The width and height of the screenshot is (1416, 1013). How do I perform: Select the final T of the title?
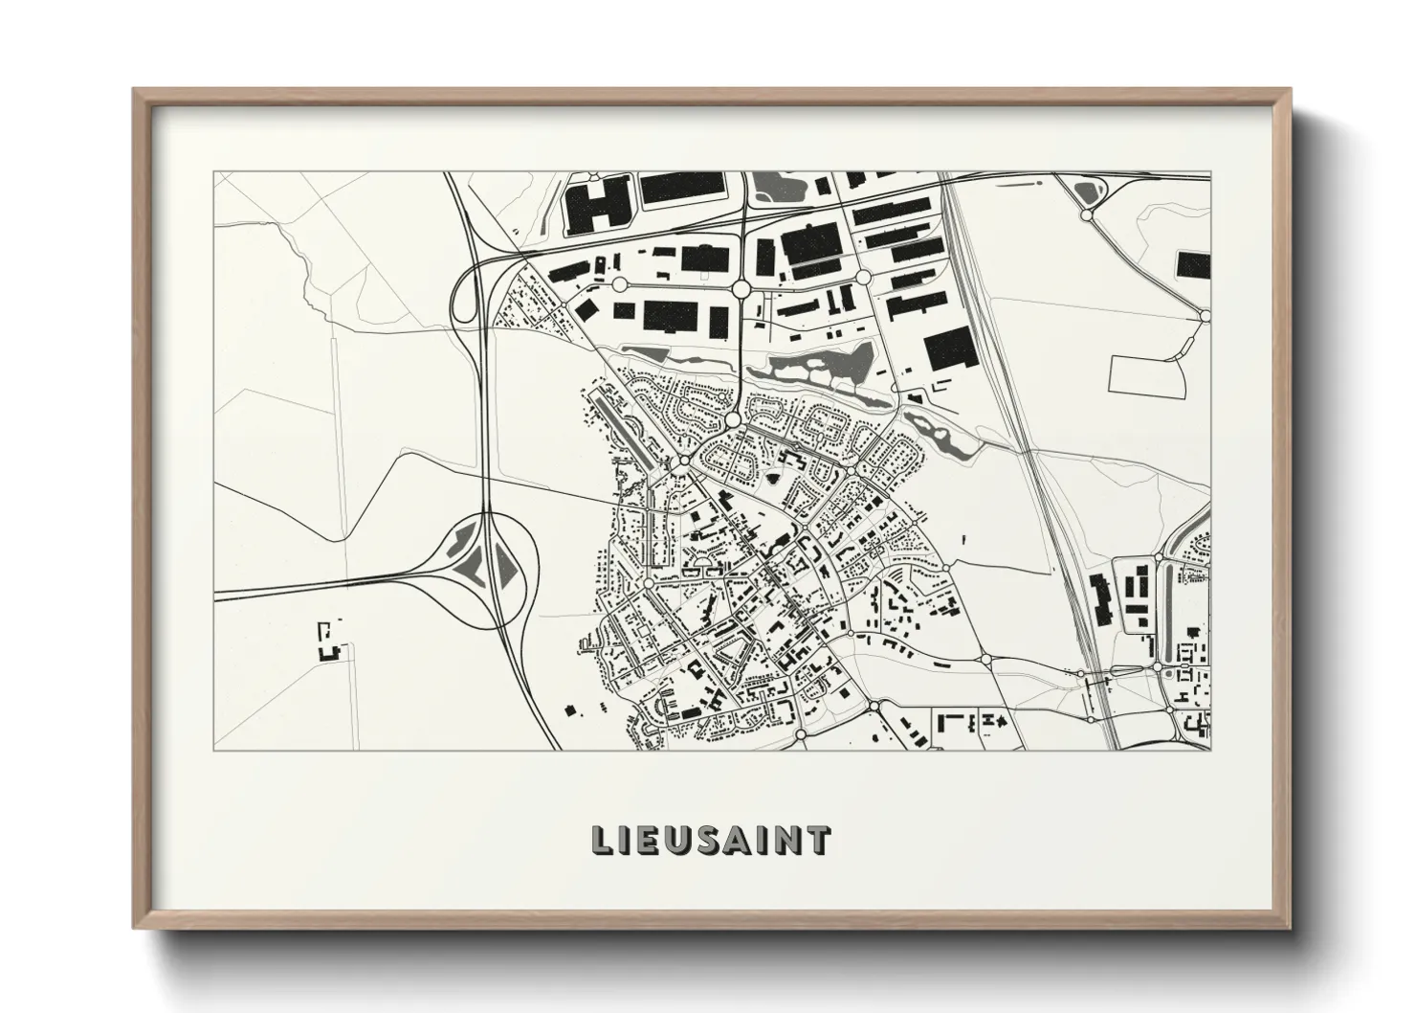click(x=818, y=840)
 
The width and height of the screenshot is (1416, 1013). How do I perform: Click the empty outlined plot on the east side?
click(x=1148, y=373)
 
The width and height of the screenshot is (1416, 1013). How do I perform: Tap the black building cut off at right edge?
click(x=1195, y=264)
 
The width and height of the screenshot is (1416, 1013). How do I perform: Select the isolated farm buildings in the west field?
click(x=330, y=642)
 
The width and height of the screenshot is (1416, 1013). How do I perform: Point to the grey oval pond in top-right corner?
click(x=1085, y=192)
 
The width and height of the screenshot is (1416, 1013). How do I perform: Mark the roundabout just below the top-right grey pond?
click(x=1086, y=217)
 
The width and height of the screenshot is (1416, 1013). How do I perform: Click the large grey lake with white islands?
click(x=813, y=365)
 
